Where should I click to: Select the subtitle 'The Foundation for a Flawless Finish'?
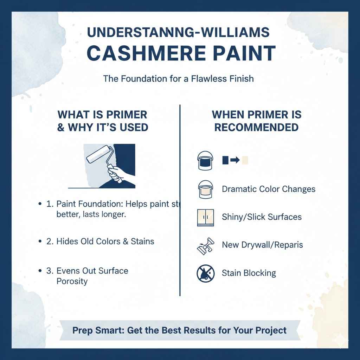(x=178, y=78)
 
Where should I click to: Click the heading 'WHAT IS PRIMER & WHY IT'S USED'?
(x=102, y=121)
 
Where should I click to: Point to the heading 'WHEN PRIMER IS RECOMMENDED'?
(x=256, y=121)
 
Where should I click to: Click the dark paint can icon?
(x=204, y=161)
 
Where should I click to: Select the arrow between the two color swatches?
(x=235, y=160)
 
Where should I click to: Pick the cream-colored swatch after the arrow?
(x=245, y=160)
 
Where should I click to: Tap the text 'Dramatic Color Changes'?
(x=269, y=189)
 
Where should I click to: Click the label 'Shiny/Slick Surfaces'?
(x=262, y=217)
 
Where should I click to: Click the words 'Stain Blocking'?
(x=249, y=273)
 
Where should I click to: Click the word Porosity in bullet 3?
(x=72, y=281)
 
